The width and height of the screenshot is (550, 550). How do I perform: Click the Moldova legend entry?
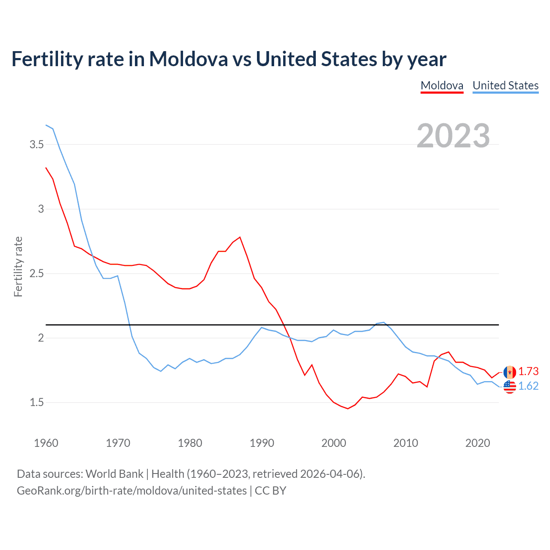(442, 86)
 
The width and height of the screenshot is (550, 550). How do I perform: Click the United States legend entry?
(505, 86)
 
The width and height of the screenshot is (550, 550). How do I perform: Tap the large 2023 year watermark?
(453, 136)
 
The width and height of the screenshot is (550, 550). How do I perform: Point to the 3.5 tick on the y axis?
(37, 145)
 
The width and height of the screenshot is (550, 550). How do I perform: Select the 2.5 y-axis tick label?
(37, 274)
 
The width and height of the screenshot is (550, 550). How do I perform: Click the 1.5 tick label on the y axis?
(37, 403)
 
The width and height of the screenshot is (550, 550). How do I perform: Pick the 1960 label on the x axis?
(46, 443)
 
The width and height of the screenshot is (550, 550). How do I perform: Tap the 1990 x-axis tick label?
(262, 443)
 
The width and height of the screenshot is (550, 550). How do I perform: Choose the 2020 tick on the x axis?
(477, 443)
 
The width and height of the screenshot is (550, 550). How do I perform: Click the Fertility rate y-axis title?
(18, 266)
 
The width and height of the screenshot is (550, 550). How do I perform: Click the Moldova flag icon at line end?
(510, 372)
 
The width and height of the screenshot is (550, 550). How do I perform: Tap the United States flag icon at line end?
(510, 387)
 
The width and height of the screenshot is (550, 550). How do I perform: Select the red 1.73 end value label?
(528, 372)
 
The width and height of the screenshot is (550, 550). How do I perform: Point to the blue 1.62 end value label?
(528, 386)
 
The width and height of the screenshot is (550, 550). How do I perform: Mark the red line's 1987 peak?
(240, 237)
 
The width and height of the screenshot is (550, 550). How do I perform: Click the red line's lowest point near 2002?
(348, 409)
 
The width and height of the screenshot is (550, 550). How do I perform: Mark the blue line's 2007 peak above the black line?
(384, 322)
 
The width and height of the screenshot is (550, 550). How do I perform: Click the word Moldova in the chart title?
(188, 59)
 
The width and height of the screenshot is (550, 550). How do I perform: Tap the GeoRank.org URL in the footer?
(131, 491)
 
